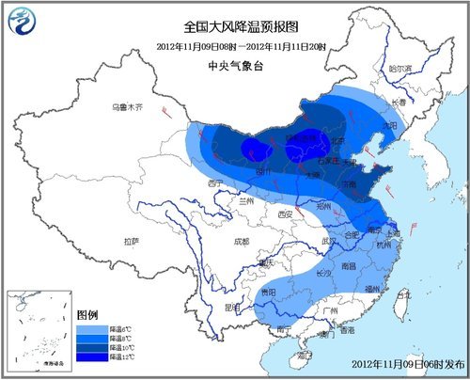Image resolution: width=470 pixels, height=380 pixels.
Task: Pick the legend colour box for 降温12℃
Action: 88,356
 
